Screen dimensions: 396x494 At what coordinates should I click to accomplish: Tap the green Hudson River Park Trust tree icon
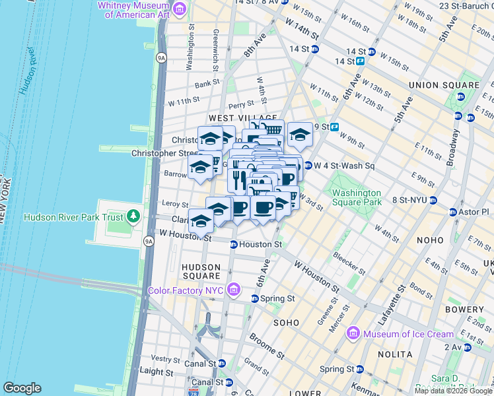click(x=134, y=216)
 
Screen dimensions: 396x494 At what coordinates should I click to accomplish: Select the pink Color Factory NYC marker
click(x=232, y=289)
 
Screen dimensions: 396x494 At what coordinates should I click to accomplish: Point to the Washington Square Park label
click(x=357, y=197)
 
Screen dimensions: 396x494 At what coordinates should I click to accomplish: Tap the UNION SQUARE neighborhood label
click(x=444, y=85)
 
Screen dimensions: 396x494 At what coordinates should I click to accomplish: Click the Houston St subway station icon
click(x=233, y=245)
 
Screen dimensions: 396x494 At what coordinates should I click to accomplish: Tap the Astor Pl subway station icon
click(x=453, y=212)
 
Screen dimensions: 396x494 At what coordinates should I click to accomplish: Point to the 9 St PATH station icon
click(x=334, y=127)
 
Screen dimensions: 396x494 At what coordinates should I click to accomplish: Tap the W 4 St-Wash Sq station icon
click(x=308, y=165)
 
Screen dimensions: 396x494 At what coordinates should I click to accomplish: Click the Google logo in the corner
click(x=22, y=388)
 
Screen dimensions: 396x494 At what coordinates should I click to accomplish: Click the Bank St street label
click(x=207, y=83)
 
